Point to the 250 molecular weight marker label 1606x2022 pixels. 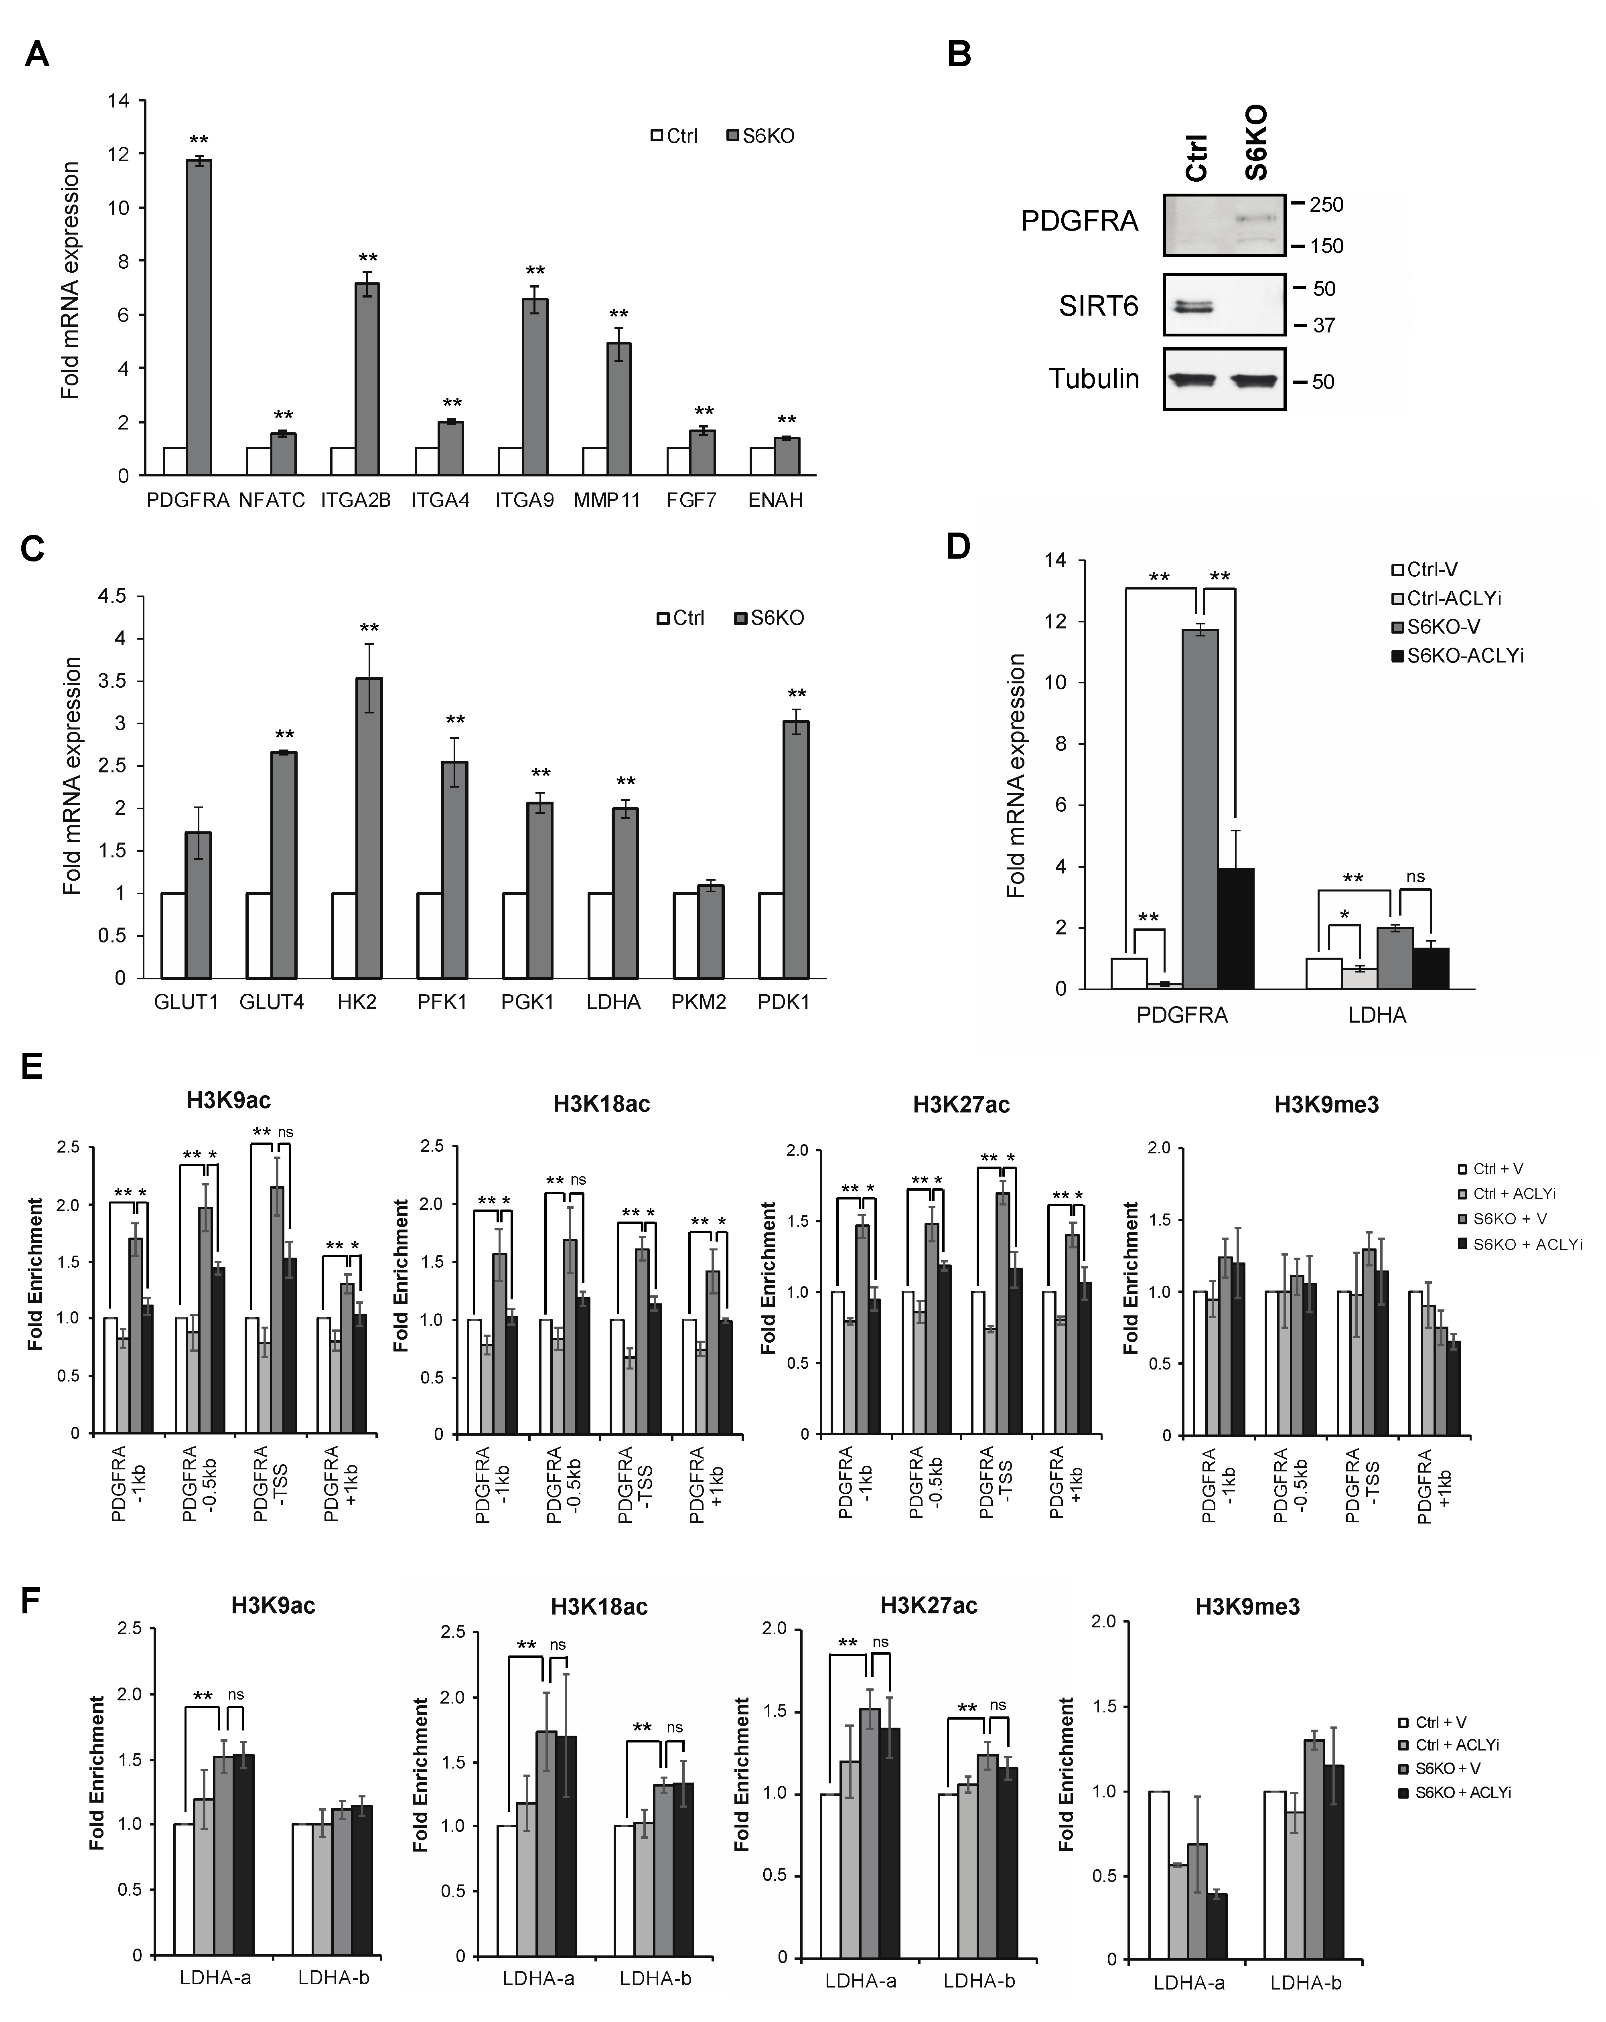tap(1326, 205)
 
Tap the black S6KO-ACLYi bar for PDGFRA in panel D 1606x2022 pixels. tap(1235, 928)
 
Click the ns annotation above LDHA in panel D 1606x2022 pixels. tap(1415, 877)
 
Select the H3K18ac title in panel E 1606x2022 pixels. tap(601, 1104)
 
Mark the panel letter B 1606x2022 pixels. tap(959, 55)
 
